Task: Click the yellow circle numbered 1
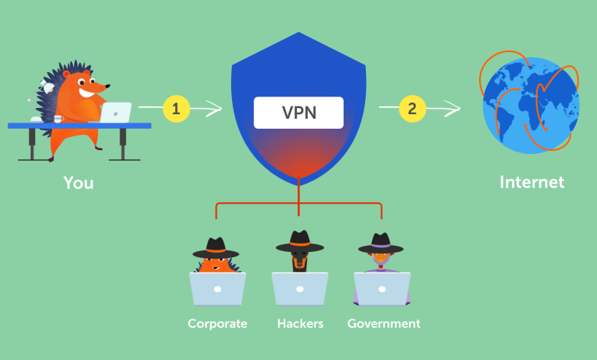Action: (x=176, y=109)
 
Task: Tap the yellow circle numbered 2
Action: (x=413, y=109)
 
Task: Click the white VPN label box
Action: (x=298, y=113)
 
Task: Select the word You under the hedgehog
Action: (x=78, y=183)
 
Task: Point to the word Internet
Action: (x=532, y=182)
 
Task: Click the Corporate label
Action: (x=217, y=323)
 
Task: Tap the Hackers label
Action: (x=300, y=323)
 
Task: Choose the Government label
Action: (x=383, y=323)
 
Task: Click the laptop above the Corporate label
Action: (x=217, y=289)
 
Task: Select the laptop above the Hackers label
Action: (x=299, y=289)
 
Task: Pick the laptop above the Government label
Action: (x=382, y=289)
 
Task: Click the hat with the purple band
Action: (x=380, y=244)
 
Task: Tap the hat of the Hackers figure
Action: (x=299, y=241)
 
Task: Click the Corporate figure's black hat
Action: (x=216, y=248)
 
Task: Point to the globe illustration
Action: (x=530, y=103)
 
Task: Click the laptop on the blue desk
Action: (x=116, y=113)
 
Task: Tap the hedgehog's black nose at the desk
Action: (x=108, y=87)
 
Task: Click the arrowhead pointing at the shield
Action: (x=214, y=109)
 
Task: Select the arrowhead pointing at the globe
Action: (x=452, y=109)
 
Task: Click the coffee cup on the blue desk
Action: (x=58, y=119)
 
